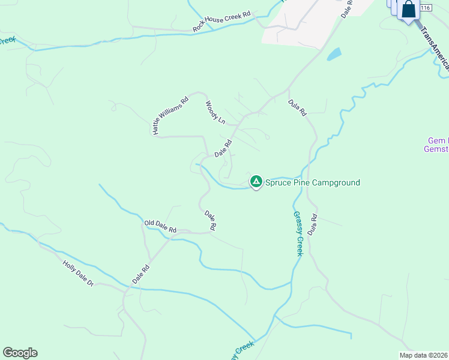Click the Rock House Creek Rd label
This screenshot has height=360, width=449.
click(221, 22)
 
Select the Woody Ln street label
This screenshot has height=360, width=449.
click(215, 112)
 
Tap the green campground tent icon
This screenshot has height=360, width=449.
click(256, 181)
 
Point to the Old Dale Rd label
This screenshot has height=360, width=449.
click(160, 226)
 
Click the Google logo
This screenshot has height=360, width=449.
click(20, 353)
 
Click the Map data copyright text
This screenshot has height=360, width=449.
click(424, 355)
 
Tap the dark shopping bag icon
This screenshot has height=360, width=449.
click(409, 10)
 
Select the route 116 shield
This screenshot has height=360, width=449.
click(426, 7)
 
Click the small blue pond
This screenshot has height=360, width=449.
click(334, 55)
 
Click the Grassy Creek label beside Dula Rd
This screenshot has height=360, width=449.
click(298, 233)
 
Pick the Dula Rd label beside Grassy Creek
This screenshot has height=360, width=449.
click(312, 224)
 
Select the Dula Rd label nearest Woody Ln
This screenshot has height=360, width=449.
click(297, 107)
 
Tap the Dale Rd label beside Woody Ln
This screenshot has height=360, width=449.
click(223, 149)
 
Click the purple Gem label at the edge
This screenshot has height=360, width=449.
click(436, 145)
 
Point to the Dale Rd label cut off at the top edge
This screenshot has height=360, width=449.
click(348, 8)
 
